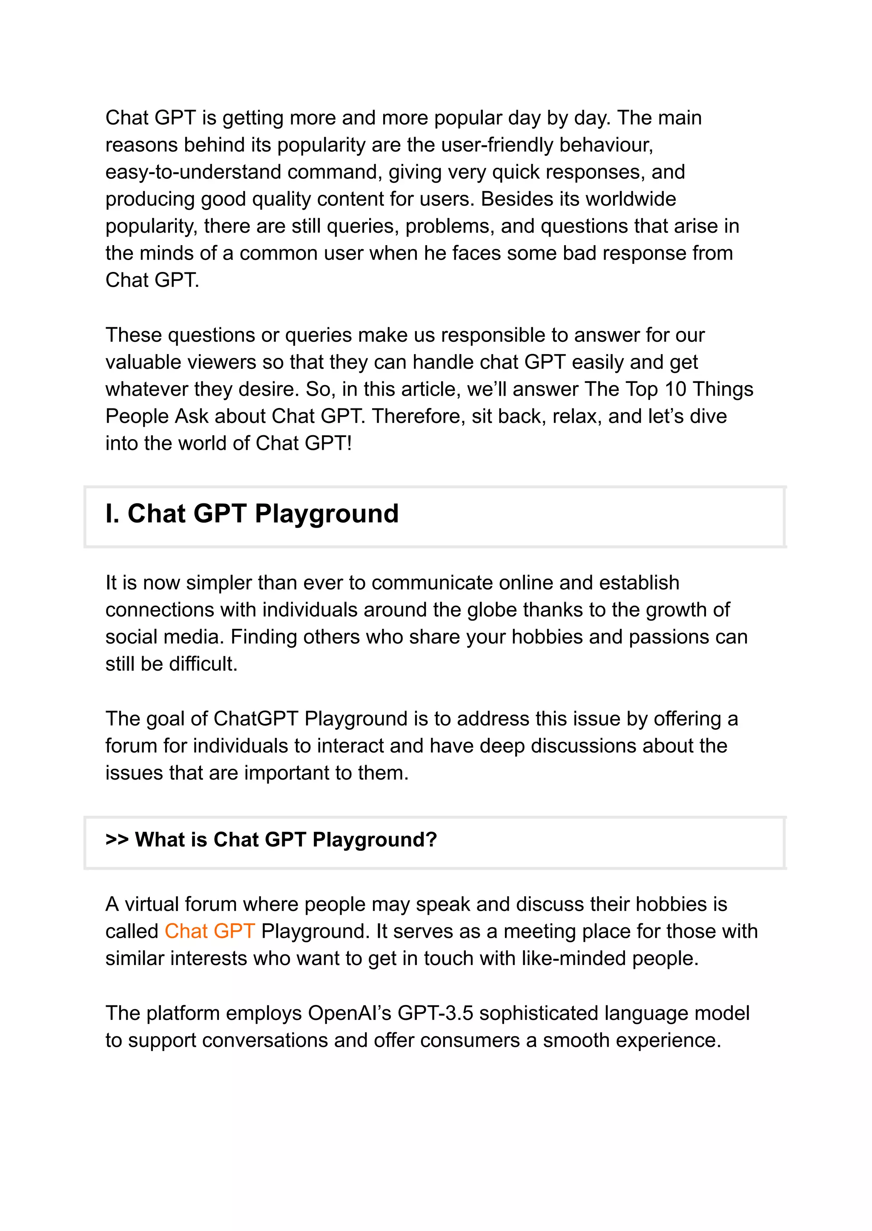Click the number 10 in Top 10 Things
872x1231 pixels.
(675, 389)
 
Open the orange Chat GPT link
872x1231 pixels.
(209, 931)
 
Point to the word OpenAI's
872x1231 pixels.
(350, 1013)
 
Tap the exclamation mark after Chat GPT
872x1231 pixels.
(349, 443)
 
